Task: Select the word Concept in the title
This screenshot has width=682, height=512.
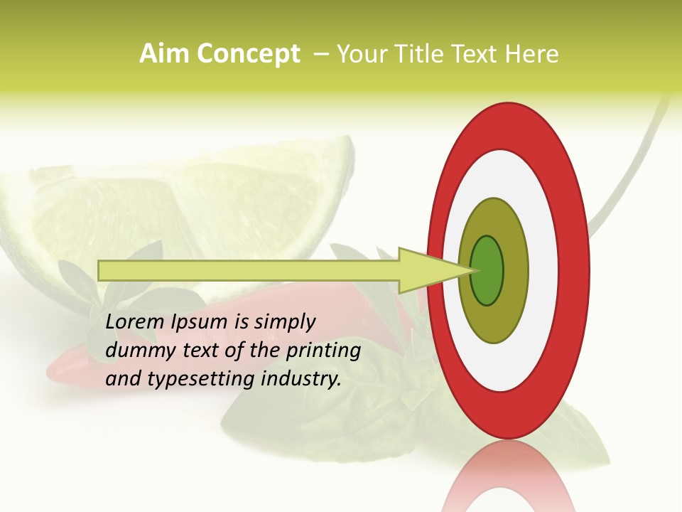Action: coord(249,54)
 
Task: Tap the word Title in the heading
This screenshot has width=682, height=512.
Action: coord(421,54)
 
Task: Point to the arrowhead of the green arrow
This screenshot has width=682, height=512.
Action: coord(426,270)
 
